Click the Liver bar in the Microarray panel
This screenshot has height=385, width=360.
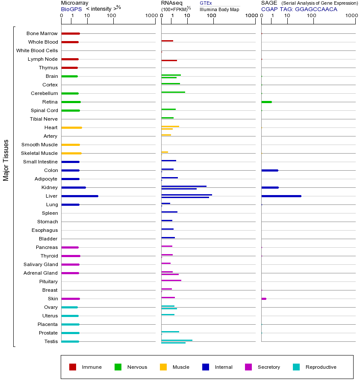point(80,196)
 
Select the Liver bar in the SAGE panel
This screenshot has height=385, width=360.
point(281,196)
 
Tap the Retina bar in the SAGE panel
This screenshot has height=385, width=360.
point(266,102)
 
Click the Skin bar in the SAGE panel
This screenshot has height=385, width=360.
point(264,299)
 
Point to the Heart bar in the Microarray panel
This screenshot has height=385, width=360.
point(71,127)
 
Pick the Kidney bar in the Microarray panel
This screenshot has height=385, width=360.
point(74,187)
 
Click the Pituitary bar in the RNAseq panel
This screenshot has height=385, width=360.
point(171,280)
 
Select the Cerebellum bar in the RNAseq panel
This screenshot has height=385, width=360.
point(173,92)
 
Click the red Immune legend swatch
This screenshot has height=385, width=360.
point(73,367)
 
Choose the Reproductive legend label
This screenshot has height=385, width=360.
point(321,367)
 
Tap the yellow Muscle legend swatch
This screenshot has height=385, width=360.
point(163,367)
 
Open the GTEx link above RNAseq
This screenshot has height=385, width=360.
point(206,3)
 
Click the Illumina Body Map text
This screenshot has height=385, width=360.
point(219,9)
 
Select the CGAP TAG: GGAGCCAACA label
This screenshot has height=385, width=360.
point(299,9)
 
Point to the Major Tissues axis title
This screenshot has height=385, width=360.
point(6,160)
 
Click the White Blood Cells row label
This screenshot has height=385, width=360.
point(37,50)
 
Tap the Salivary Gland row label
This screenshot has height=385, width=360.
point(41,264)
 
